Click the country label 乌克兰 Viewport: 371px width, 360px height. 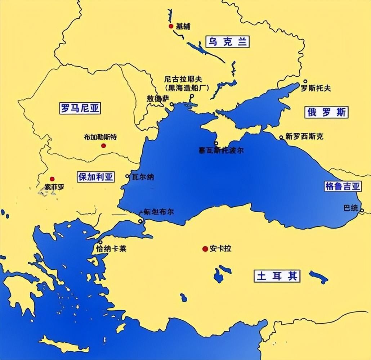[x=227, y=42]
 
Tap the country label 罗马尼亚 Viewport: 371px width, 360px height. [x=80, y=108]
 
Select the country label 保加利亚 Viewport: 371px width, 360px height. [x=95, y=177]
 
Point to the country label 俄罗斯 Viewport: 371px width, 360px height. [x=327, y=112]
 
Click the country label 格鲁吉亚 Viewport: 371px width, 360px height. [x=343, y=186]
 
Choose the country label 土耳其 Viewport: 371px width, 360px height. [x=277, y=276]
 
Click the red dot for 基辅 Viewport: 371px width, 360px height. [x=171, y=26]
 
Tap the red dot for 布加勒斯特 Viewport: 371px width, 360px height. [x=103, y=145]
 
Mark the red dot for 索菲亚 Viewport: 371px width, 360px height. [x=52, y=179]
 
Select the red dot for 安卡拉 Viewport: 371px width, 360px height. [x=205, y=249]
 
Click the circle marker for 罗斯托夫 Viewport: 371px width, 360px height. [x=305, y=81]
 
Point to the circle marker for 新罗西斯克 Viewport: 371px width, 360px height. [x=281, y=137]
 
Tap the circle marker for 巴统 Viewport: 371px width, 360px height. [x=362, y=211]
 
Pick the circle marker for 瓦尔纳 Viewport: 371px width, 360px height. [x=128, y=176]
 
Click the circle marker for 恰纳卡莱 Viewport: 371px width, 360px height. [x=100, y=242]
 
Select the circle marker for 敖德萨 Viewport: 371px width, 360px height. [x=172, y=104]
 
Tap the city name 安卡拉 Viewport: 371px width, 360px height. [x=220, y=249]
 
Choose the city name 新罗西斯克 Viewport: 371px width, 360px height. [x=304, y=136]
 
